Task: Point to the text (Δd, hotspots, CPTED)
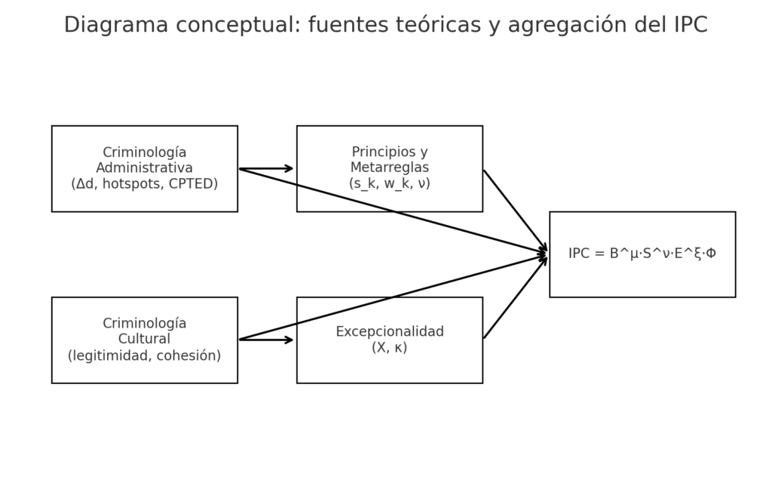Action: [144, 184]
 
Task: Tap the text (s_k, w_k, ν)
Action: [389, 183]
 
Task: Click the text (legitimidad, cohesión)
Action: [144, 355]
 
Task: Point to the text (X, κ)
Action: [389, 348]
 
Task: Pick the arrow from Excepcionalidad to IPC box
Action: [514, 298]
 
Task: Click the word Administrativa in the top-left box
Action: [144, 168]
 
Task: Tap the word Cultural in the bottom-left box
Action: [144, 340]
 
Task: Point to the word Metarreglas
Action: [389, 168]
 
